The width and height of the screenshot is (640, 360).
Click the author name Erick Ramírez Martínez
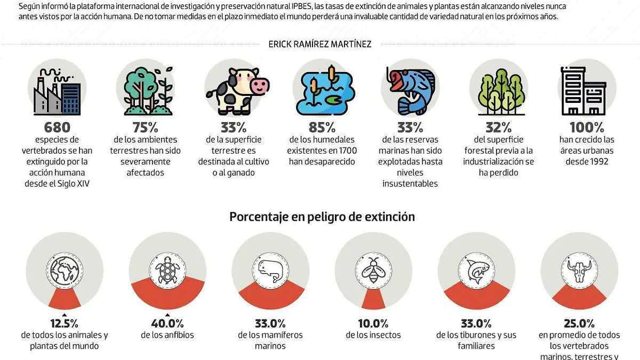319,44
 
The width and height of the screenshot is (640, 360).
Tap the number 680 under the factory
57,127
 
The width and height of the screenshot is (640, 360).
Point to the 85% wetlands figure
322,127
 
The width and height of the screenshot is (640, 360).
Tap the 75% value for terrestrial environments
145,127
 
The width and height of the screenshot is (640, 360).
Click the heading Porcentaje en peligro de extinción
322,217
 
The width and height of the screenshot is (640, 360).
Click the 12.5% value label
64,324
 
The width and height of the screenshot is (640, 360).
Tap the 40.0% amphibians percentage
167,324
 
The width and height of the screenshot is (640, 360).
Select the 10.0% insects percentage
373,324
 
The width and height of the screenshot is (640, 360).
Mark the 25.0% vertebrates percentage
579,324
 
